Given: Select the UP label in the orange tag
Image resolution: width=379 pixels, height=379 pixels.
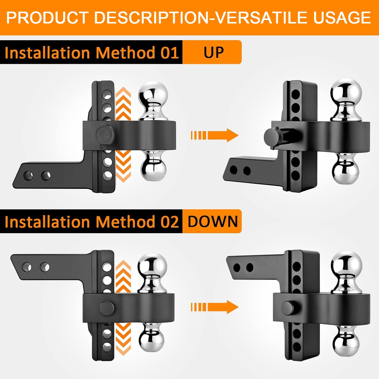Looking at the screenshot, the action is [x=214, y=52].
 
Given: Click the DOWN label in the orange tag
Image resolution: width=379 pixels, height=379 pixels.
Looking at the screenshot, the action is [x=213, y=221].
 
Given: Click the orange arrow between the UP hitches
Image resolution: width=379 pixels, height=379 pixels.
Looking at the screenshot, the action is [x=215, y=135].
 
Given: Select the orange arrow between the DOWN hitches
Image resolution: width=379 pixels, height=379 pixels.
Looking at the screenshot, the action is [x=215, y=307].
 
